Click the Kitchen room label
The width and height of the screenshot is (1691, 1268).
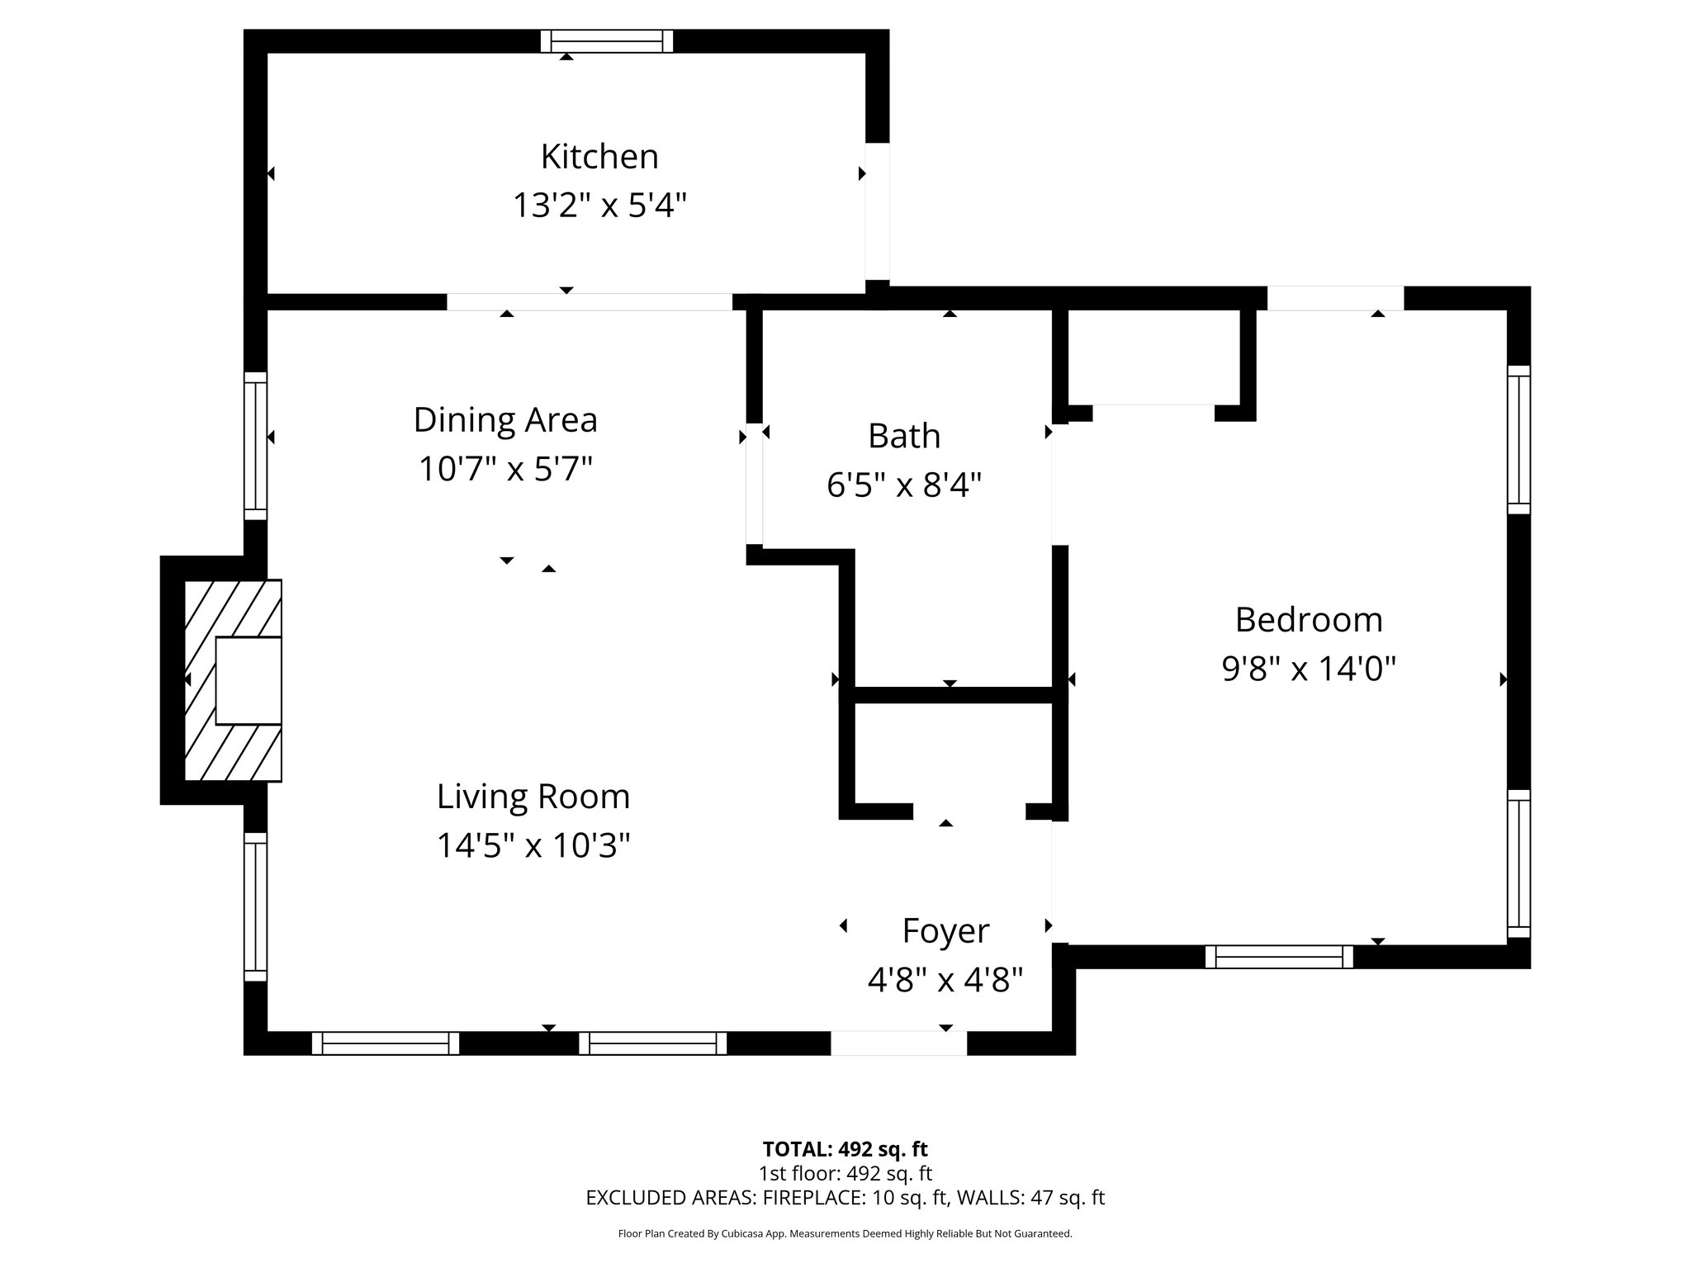click(599, 157)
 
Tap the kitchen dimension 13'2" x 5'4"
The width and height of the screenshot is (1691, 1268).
click(599, 205)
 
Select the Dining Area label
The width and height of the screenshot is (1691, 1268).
click(505, 420)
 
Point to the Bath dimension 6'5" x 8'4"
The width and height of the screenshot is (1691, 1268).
click(904, 485)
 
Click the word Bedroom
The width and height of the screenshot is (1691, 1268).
click(1309, 620)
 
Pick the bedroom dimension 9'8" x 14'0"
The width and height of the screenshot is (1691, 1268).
click(1309, 669)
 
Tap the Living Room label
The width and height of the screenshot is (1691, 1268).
click(533, 797)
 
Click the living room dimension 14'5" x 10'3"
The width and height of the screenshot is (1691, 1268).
click(533, 845)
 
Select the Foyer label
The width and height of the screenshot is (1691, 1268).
click(945, 931)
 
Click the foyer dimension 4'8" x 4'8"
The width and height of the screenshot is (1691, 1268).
click(945, 980)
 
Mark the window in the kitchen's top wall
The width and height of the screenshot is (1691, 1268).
click(607, 41)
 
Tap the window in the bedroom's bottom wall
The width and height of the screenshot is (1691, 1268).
click(1279, 957)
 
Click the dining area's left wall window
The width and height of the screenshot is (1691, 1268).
click(256, 446)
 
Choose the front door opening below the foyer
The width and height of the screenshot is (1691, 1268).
click(898, 1043)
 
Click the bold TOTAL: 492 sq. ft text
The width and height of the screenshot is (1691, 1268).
click(845, 1149)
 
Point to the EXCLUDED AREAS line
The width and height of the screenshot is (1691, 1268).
click(845, 1198)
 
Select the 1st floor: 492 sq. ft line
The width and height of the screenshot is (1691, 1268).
click(845, 1173)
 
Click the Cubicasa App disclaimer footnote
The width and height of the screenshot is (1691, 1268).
click(845, 1234)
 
